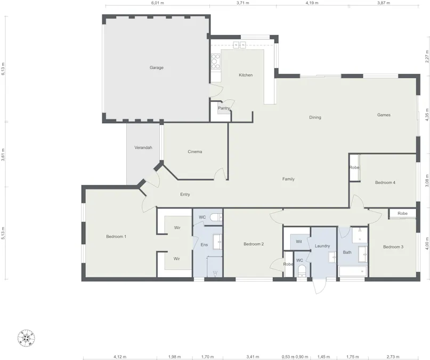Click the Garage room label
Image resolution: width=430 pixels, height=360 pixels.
(156, 68)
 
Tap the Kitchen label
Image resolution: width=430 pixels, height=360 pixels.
(246, 75)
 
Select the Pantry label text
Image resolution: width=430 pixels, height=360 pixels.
(224, 108)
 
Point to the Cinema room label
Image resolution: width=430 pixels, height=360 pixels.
(195, 152)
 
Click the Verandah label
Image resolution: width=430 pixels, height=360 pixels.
(143, 147)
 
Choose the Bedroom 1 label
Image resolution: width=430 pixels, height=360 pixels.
(116, 236)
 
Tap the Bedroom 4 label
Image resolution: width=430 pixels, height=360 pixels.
(385, 183)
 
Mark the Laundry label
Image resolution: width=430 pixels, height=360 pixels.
(322, 246)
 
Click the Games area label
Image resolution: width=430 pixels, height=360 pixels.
(384, 115)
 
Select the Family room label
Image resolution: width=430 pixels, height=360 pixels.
(288, 179)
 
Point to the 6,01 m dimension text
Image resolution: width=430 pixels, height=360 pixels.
(157, 3)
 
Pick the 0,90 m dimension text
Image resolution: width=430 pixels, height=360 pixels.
(302, 357)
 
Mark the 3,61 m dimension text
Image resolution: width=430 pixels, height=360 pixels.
(3, 155)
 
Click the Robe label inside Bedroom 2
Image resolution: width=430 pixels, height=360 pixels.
(288, 264)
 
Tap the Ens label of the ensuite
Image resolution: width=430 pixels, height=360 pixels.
(204, 245)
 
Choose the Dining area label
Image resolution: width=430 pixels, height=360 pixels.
(315, 117)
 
